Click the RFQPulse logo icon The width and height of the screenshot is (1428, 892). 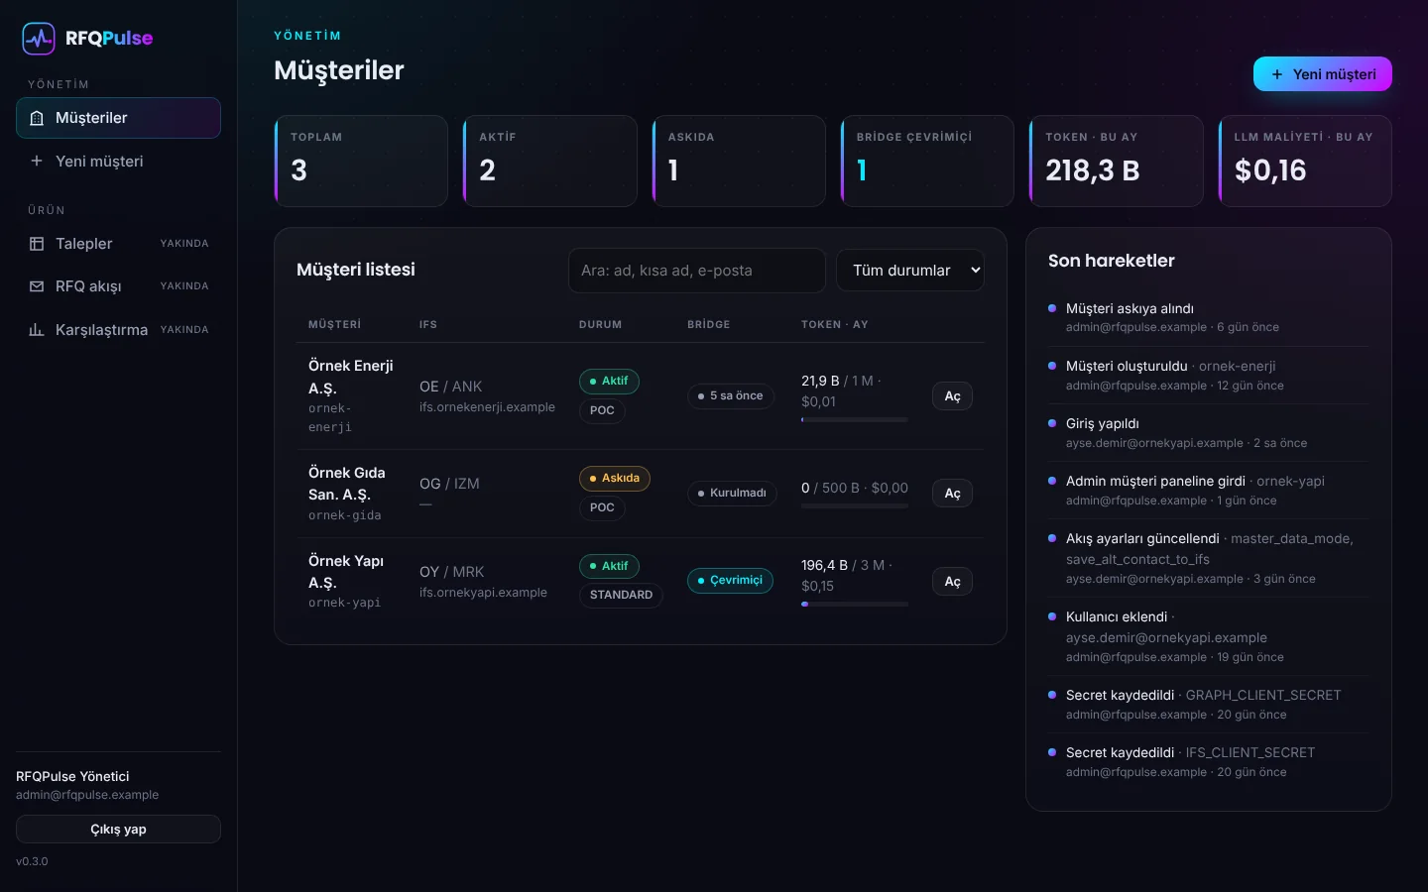[39, 39]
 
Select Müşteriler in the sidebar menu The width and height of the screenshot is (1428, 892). [119, 118]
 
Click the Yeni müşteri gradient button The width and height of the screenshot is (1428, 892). [1322, 74]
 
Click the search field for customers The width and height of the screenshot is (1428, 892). [697, 271]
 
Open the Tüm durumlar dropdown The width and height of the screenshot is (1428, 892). [910, 271]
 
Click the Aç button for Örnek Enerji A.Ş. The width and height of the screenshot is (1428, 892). [952, 396]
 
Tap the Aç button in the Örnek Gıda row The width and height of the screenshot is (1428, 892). [952, 494]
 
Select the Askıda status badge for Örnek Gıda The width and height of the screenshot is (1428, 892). [615, 478]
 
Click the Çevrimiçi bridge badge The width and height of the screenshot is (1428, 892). [730, 581]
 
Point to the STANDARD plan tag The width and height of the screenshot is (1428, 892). [621, 595]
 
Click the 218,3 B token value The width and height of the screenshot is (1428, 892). [1092, 170]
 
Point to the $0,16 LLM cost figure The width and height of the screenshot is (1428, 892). [1270, 170]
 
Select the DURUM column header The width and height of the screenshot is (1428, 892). [600, 324]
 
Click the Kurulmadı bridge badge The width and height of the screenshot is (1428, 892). [732, 494]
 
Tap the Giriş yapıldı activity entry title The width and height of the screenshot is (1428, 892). [1103, 423]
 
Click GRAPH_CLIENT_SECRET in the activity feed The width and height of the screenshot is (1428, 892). [1263, 695]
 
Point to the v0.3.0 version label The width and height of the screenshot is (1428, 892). [32, 861]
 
